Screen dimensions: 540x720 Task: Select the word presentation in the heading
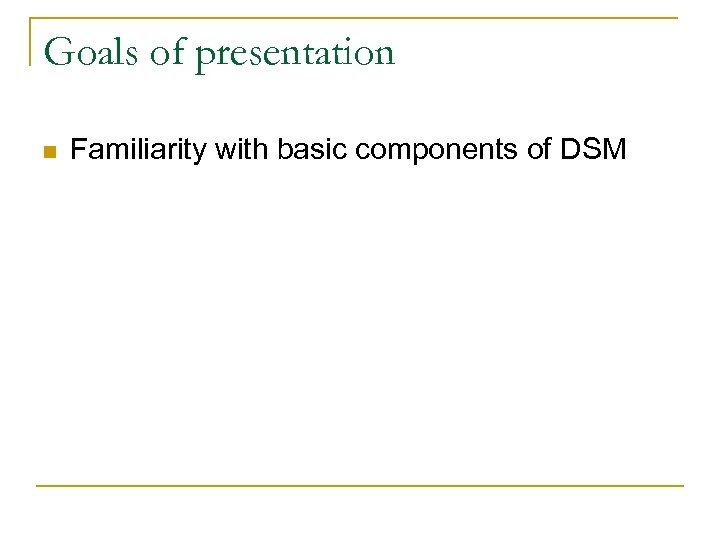(295, 53)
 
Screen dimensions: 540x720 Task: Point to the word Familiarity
(134, 151)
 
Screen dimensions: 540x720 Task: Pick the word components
(439, 152)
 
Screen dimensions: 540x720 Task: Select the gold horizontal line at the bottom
(360, 486)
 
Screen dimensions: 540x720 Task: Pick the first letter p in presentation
(207, 55)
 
